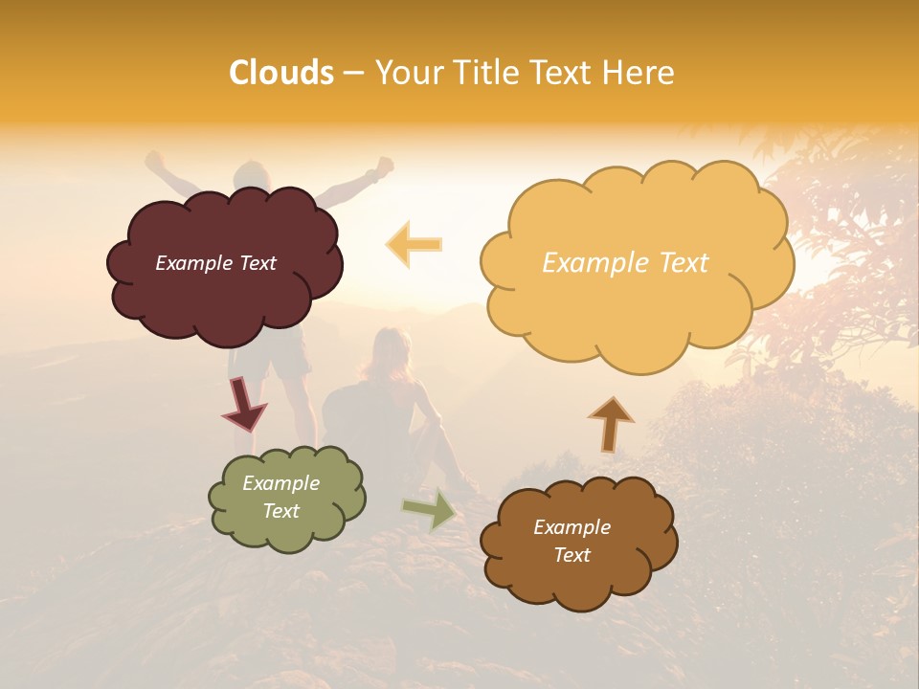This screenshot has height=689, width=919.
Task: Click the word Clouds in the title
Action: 281,73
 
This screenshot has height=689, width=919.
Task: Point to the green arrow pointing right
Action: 430,509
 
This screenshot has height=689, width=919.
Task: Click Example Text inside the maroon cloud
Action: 215,263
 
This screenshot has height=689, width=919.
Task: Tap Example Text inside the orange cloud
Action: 625,263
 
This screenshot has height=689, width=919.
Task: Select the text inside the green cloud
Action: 281,497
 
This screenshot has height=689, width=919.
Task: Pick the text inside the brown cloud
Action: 572,541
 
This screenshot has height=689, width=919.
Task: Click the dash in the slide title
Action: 353,74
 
